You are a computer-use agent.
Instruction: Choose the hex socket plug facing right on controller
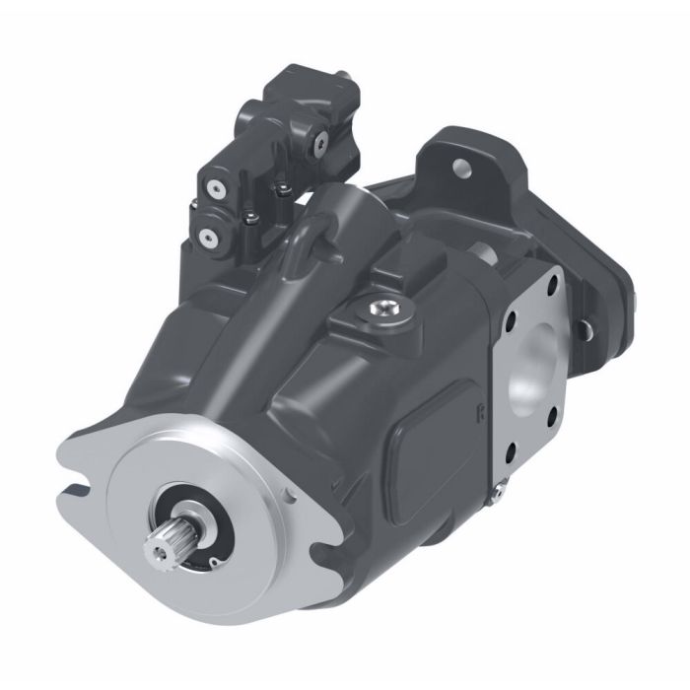click(318, 145)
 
